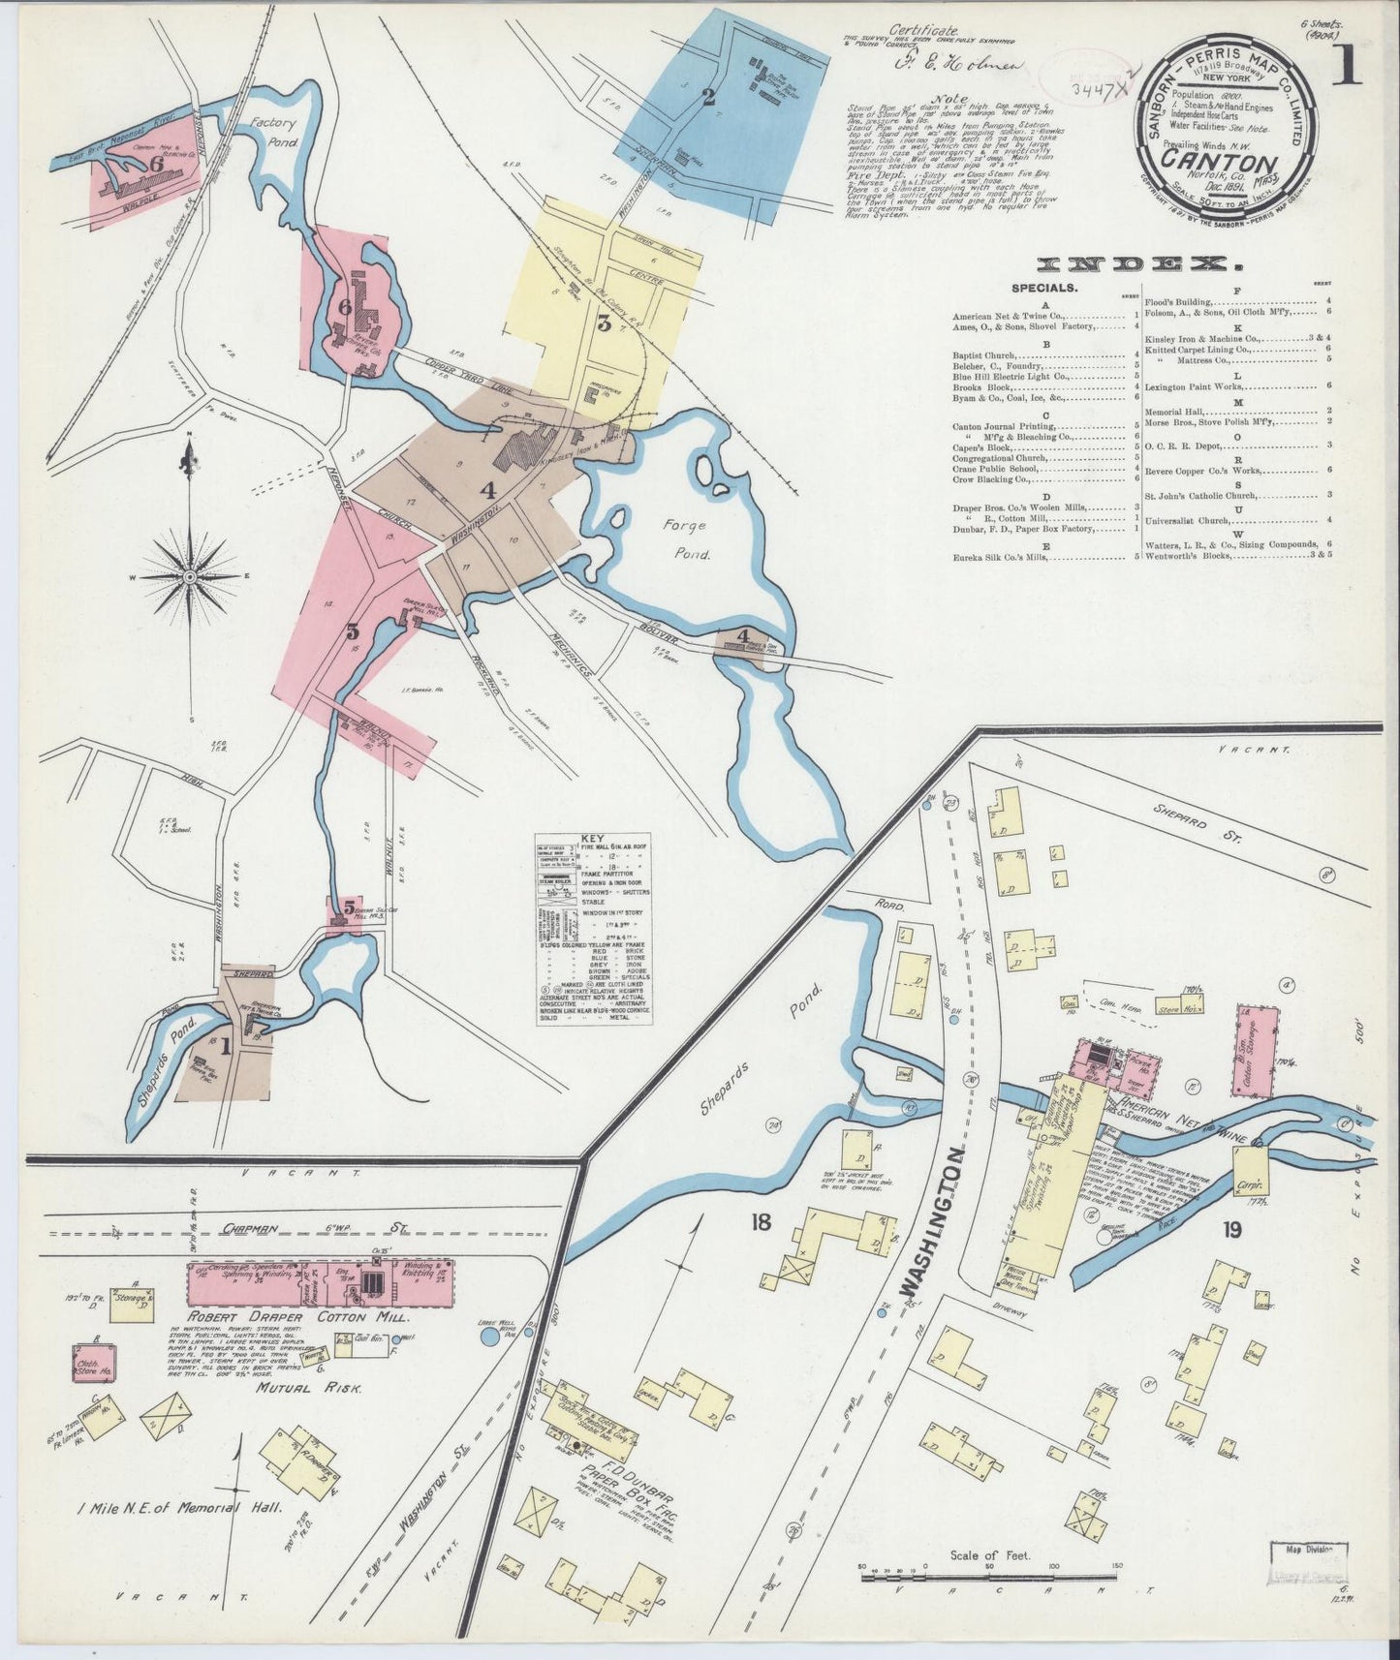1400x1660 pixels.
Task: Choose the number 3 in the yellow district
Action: pos(604,324)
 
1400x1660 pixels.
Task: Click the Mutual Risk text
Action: pos(309,1387)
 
